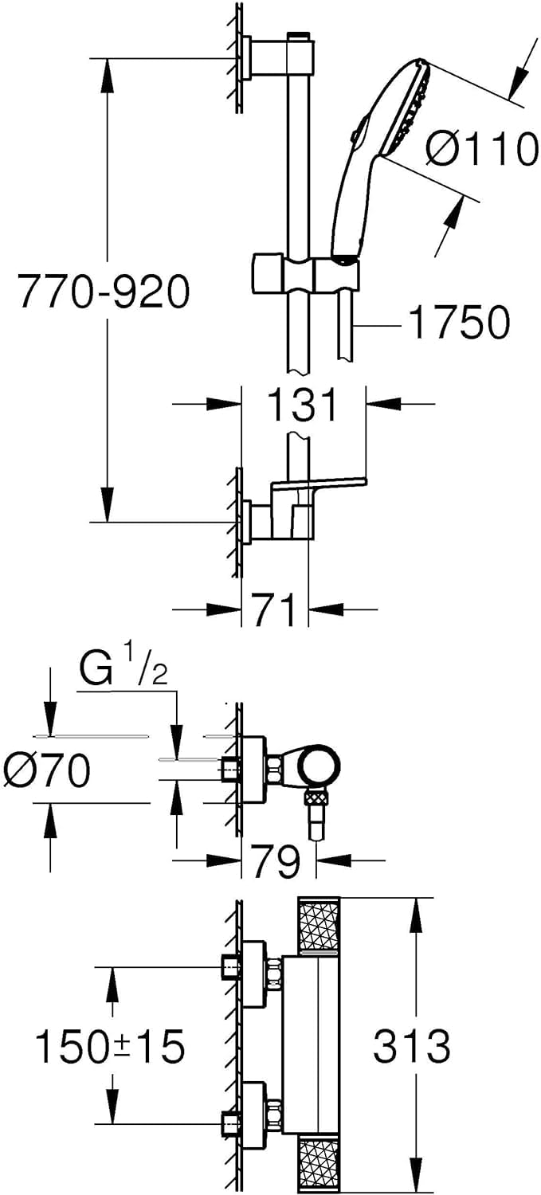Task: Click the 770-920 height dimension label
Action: (104, 291)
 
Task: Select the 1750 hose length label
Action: (460, 322)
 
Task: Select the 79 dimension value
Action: (277, 860)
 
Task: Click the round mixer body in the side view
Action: (317, 764)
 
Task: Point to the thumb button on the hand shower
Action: (357, 129)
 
